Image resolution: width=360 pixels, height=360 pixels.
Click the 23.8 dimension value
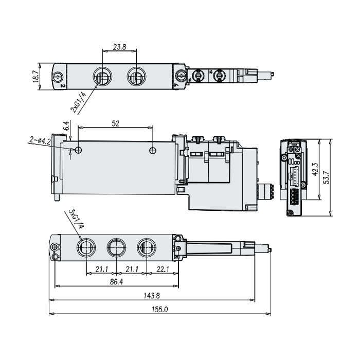(x=119, y=47)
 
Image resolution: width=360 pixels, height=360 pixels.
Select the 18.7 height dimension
(x=35, y=77)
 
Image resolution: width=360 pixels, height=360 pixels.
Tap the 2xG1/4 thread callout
(x=78, y=102)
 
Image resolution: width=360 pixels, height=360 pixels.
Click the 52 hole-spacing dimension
(x=116, y=123)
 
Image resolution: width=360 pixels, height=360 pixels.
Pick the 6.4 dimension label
(x=66, y=125)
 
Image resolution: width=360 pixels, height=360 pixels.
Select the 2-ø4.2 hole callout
(x=40, y=141)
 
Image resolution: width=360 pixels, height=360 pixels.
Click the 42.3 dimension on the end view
(x=315, y=169)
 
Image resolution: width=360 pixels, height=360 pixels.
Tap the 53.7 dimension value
(x=326, y=177)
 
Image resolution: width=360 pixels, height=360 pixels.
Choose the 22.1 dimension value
(x=163, y=269)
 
